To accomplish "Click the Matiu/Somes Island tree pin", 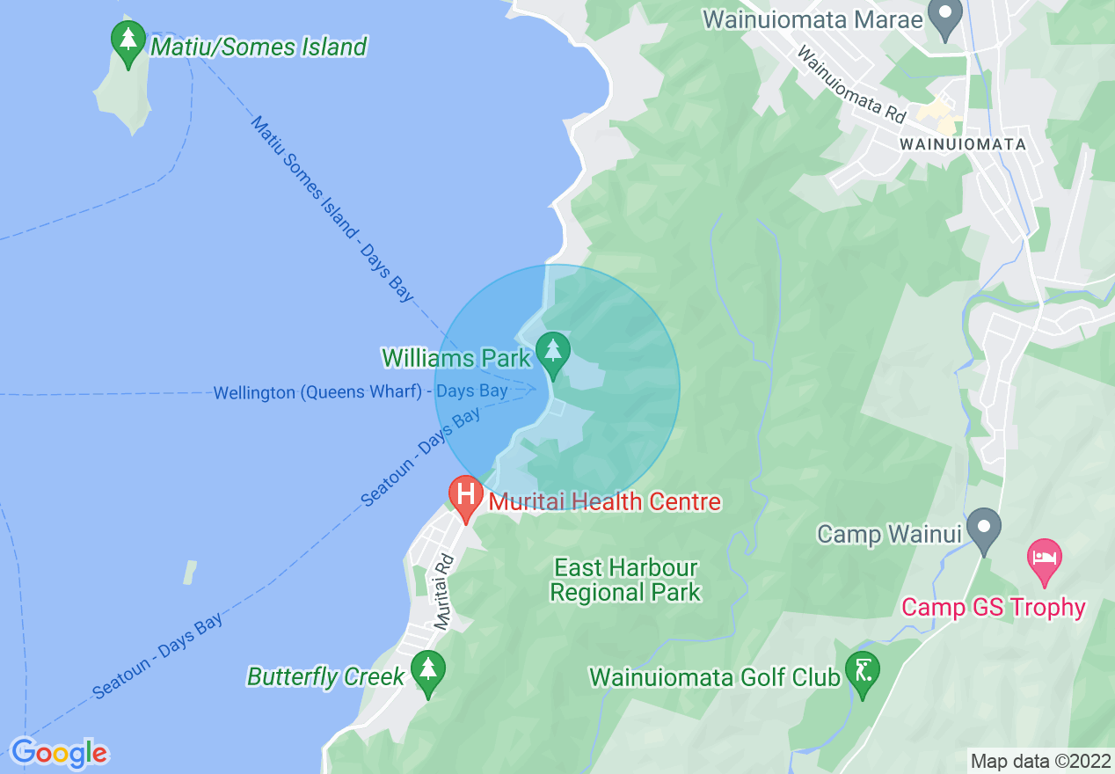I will tap(128, 40).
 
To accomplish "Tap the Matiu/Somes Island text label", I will tap(259, 47).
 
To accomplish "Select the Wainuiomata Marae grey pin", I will tap(946, 17).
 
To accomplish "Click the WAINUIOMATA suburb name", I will tap(962, 143).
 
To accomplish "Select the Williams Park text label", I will tap(456, 358).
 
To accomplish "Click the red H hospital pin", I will tap(465, 494).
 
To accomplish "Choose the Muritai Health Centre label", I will tap(604, 502).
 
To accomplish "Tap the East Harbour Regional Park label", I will tap(625, 580).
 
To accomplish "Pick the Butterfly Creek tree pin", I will tap(427, 670).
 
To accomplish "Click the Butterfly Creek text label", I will tap(326, 676).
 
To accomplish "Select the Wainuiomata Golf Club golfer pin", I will tap(862, 671).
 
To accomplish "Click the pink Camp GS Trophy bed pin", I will tap(1045, 559).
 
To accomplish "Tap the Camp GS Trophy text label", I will tap(994, 607).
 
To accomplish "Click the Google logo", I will tap(59, 753).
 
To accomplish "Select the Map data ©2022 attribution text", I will tap(1040, 761).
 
